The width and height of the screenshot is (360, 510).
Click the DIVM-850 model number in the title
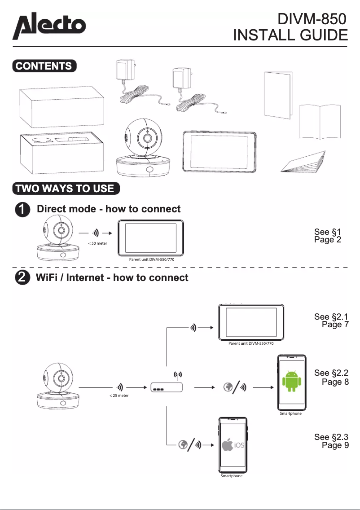tap(313, 19)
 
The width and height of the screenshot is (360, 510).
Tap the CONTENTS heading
tap(44, 66)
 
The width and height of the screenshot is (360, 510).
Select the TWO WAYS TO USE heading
tap(65, 188)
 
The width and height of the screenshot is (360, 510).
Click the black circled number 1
tap(23, 209)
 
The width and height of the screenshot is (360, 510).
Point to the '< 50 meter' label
tap(97, 243)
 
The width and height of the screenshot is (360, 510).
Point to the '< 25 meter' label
tap(119, 396)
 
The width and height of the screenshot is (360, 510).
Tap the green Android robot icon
tap(291, 381)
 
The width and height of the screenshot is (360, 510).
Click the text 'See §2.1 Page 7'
tap(331, 321)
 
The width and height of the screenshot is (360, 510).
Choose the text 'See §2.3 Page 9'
tap(331, 441)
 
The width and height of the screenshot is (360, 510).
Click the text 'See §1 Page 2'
tap(328, 236)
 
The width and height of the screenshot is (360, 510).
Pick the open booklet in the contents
tap(320, 121)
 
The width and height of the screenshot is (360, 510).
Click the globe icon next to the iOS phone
tap(183, 444)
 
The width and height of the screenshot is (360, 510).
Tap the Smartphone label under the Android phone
tap(290, 413)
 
